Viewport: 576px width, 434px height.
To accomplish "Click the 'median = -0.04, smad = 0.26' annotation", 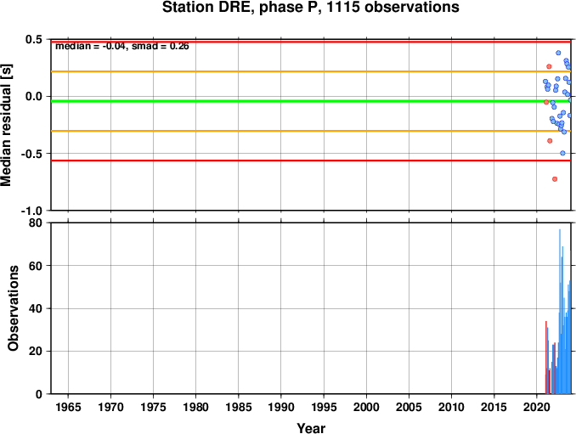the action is [122, 46].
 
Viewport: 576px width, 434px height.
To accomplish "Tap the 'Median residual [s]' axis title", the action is [6, 125].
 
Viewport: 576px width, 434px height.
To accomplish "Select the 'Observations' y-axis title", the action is [14, 308].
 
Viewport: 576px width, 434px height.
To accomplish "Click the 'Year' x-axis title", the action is [311, 428].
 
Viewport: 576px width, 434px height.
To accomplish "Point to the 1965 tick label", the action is [68, 407].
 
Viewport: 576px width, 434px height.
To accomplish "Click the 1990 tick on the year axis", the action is [281, 407].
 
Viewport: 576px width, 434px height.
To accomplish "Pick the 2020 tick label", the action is [536, 407].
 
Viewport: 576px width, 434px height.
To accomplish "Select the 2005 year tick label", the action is [409, 407].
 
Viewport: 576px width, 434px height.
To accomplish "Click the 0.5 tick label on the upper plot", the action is [34, 39].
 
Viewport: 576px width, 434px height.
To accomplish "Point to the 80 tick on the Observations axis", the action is [36, 223].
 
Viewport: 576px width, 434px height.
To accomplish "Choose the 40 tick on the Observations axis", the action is [36, 308].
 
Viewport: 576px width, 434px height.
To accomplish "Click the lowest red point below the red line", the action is [555, 179].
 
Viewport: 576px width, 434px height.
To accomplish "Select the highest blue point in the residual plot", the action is [558, 53].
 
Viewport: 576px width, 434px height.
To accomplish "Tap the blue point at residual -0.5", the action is [562, 153].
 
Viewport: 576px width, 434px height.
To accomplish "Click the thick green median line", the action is [311, 101].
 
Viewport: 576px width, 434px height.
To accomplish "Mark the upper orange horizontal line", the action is [311, 71].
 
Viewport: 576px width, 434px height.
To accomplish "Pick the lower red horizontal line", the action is [311, 161].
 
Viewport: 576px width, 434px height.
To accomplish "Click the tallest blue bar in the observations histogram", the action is [560, 312].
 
